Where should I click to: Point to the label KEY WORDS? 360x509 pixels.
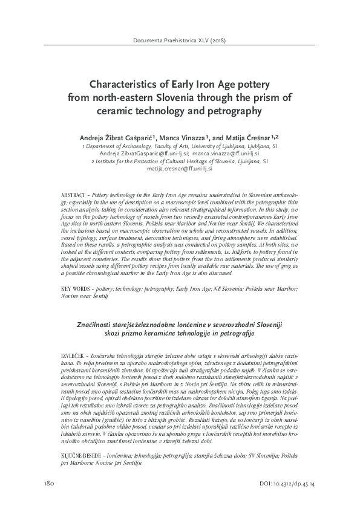77,288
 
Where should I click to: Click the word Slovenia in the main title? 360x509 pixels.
177,98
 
